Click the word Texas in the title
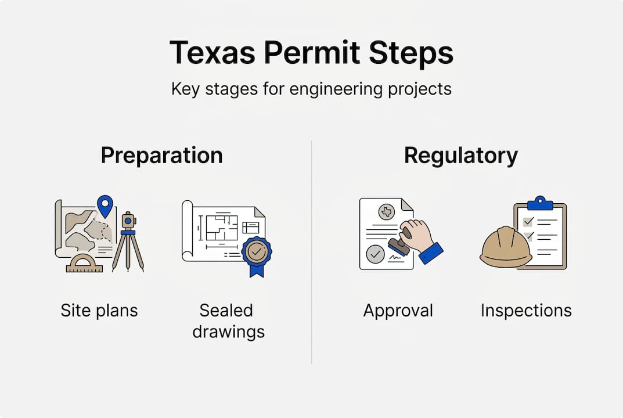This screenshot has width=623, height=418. [x=212, y=53]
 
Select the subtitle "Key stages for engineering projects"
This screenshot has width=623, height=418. [x=311, y=90]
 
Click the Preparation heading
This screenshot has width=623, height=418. [x=161, y=156]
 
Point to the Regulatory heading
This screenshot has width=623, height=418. [x=460, y=156]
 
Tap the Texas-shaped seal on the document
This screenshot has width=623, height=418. [x=387, y=212]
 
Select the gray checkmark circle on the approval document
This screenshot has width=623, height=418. [x=376, y=254]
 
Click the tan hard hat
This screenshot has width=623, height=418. [x=506, y=247]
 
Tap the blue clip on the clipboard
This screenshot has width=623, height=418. [x=540, y=203]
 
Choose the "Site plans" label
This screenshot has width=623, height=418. [x=99, y=311]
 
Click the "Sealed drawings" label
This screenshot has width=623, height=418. [x=228, y=320]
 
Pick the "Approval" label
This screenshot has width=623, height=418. [x=398, y=311]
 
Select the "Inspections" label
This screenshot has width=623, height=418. [x=526, y=311]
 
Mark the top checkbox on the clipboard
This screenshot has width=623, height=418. [x=528, y=222]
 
